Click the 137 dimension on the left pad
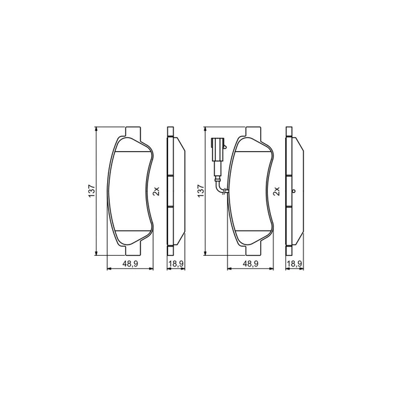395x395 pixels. [92, 191]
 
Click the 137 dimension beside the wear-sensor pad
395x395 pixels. [201, 191]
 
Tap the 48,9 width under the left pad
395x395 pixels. [130, 263]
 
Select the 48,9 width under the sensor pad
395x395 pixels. [250, 263]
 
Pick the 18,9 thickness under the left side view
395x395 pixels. [176, 263]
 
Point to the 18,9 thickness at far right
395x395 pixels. [295, 263]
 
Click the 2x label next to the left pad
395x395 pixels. [156, 191]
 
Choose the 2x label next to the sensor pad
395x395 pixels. [276, 191]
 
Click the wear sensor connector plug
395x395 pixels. [218, 149]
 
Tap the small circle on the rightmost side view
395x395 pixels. [293, 191]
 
